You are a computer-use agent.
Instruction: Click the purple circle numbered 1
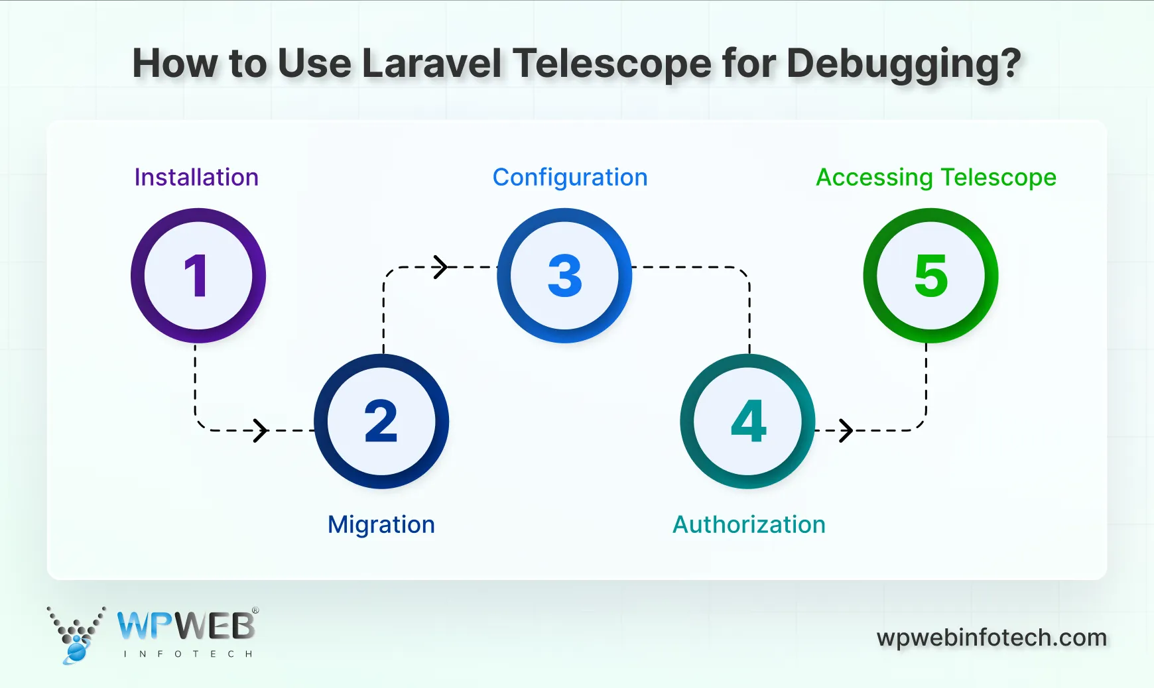click(198, 276)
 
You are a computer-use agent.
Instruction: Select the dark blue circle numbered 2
click(381, 422)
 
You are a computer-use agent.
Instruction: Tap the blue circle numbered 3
click(564, 276)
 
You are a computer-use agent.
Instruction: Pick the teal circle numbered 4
click(747, 422)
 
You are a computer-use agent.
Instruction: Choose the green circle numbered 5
click(930, 276)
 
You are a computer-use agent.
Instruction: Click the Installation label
click(196, 178)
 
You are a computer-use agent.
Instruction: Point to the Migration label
click(381, 525)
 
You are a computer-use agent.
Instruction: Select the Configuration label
click(570, 178)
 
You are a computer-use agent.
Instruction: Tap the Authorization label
click(749, 525)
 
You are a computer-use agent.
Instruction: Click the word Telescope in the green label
click(998, 178)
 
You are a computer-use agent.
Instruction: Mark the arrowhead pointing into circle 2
click(261, 430)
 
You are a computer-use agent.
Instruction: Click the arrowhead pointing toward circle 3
click(440, 267)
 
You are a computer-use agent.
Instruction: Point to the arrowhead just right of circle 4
click(846, 430)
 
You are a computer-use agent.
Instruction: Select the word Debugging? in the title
click(904, 65)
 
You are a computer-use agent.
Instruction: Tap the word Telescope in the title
click(611, 65)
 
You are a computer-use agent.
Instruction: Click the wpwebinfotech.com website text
click(992, 638)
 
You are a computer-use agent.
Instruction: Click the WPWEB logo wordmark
click(186, 626)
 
